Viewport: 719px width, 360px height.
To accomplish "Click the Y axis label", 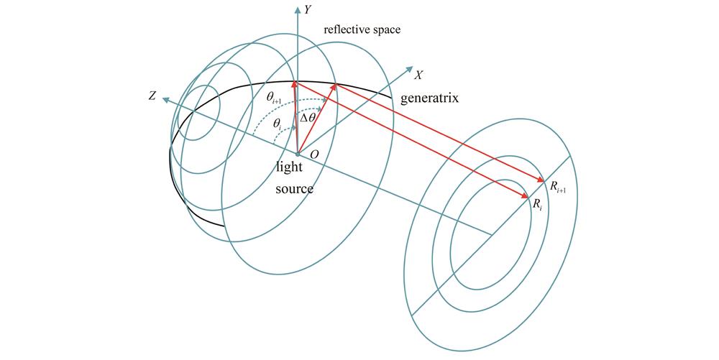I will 307,10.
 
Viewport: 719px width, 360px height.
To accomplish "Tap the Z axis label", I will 152,95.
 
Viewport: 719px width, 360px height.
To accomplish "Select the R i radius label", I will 537,204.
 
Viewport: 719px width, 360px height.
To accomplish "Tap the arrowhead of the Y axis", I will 297,9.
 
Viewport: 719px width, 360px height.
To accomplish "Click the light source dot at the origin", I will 297,154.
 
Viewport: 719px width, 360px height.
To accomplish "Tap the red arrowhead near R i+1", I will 541,180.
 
